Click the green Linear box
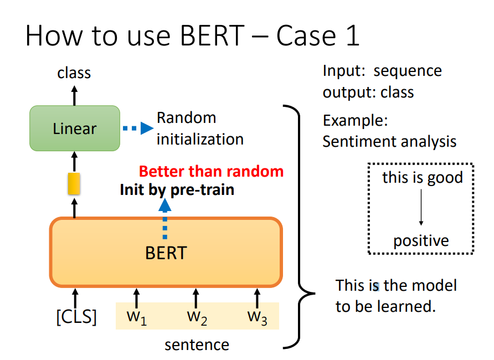click(x=75, y=128)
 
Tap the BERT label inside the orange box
click(x=166, y=253)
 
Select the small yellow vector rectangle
click(x=74, y=183)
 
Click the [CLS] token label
click(x=76, y=317)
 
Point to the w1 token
click(x=136, y=317)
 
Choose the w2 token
click(x=197, y=317)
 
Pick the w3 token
click(x=257, y=317)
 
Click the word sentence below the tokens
click(x=197, y=345)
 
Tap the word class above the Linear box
click(x=74, y=73)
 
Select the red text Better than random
click(x=212, y=172)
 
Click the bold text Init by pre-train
click(x=177, y=190)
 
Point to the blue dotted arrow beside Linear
click(x=138, y=128)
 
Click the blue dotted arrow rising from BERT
click(x=165, y=219)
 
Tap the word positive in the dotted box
click(x=421, y=241)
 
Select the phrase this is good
click(x=423, y=177)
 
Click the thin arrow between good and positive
click(x=421, y=207)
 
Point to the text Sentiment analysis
click(x=389, y=141)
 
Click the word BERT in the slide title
click(x=212, y=35)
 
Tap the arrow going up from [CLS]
click(x=75, y=299)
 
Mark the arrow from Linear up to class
click(x=74, y=96)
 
